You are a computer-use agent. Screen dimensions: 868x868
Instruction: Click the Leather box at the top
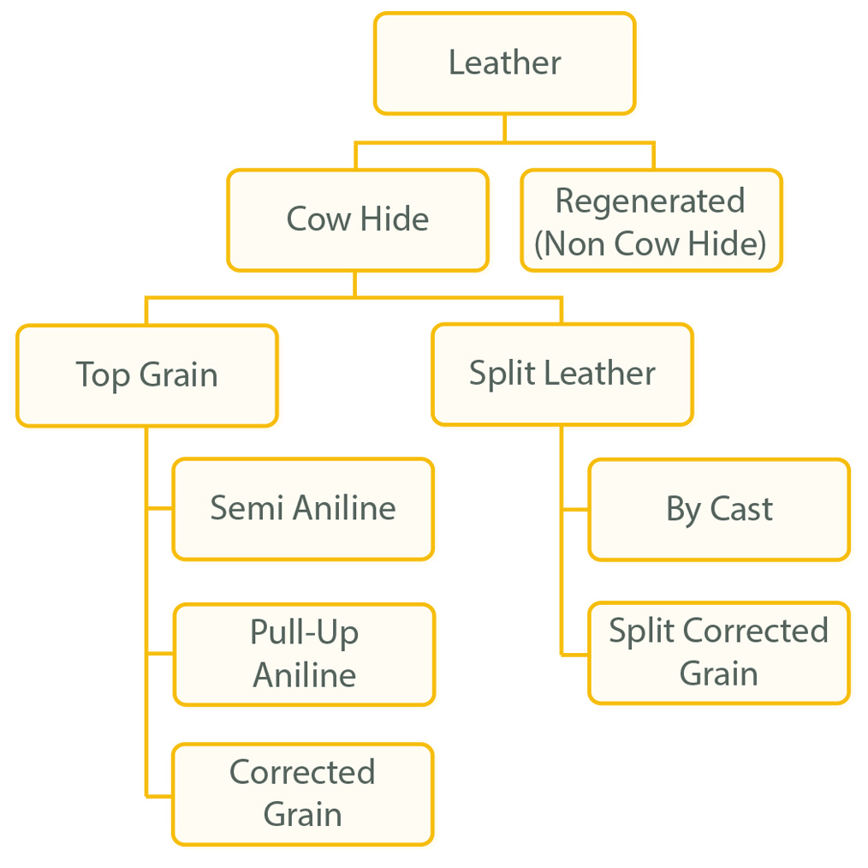tap(504, 63)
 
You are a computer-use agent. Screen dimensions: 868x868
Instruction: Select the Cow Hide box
tap(358, 219)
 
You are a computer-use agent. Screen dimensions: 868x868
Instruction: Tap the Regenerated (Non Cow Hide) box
tap(651, 221)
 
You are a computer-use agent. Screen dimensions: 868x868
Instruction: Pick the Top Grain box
tap(146, 375)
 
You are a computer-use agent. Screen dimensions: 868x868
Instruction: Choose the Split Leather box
tap(562, 374)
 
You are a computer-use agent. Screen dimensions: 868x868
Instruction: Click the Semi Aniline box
tap(303, 508)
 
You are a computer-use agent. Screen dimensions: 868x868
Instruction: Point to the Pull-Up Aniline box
tap(304, 654)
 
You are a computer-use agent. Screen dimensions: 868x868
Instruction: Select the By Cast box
tap(719, 509)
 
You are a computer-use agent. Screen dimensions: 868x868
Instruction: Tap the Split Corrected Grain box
tap(719, 652)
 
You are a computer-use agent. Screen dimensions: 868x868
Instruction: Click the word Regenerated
tap(651, 201)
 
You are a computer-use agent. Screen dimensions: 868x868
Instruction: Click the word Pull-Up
tap(304, 633)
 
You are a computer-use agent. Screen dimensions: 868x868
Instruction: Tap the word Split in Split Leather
tap(500, 374)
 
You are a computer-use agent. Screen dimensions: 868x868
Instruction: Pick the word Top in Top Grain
tap(103, 376)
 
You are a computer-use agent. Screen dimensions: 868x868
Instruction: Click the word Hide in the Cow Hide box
tap(394, 219)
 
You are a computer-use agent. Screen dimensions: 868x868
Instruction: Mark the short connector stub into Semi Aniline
tap(160, 508)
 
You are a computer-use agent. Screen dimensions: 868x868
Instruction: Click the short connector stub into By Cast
tap(575, 509)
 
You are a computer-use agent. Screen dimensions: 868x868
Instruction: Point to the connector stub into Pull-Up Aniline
tap(160, 654)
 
